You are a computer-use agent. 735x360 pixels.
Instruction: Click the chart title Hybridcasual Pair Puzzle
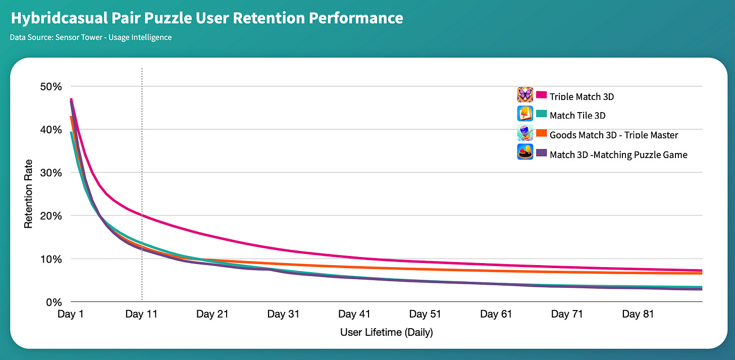206,19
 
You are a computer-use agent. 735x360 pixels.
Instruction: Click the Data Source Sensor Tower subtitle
90,37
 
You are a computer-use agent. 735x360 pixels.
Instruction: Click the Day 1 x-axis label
71,314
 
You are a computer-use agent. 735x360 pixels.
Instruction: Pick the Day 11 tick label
142,314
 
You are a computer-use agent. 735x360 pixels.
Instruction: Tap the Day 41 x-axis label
354,314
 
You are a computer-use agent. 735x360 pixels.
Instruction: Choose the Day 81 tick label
638,314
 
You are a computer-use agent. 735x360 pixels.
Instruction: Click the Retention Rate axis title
28,194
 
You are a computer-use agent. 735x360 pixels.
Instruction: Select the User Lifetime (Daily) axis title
386,332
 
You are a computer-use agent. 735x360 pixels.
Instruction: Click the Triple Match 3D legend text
582,96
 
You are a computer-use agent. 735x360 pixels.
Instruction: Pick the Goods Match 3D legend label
614,135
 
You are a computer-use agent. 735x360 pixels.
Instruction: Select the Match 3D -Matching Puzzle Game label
618,155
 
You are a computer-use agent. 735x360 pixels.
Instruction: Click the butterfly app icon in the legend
525,94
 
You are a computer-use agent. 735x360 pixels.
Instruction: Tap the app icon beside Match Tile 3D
525,113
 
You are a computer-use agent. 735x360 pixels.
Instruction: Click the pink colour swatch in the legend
542,95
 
